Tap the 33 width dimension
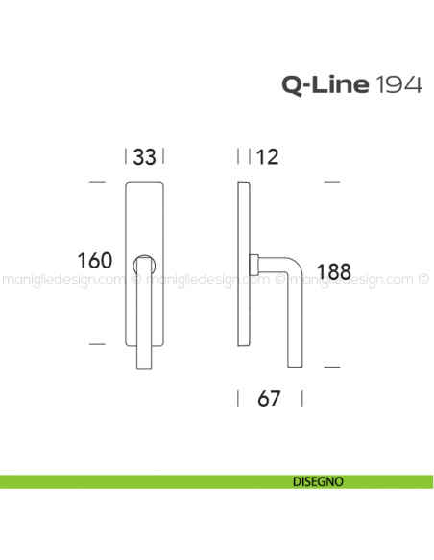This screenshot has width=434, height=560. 145,157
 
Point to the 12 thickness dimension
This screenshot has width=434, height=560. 268,157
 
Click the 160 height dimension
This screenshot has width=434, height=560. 95,261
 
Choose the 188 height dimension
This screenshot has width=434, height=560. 332,271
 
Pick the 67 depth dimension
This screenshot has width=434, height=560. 269,398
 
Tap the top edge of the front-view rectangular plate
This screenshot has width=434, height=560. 145,180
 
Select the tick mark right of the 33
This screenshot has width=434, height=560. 164,157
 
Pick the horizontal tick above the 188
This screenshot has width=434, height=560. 332,180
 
